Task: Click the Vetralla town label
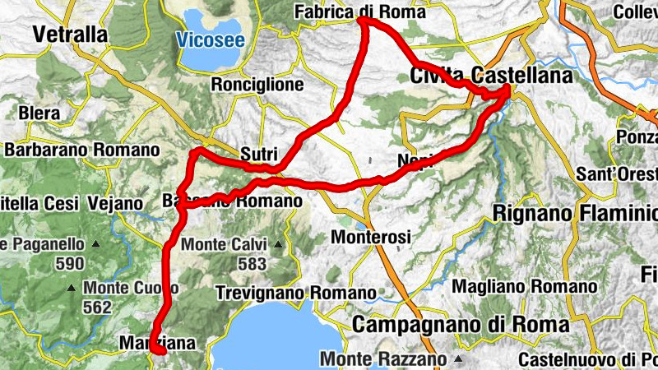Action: (71, 35)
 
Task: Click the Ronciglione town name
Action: (257, 85)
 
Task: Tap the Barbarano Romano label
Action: (81, 150)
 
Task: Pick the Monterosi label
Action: (370, 237)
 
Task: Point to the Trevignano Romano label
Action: (295, 293)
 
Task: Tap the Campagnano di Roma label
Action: (461, 324)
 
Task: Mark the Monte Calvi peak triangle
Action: (279, 245)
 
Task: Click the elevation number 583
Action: (252, 264)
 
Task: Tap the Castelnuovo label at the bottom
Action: (587, 360)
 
